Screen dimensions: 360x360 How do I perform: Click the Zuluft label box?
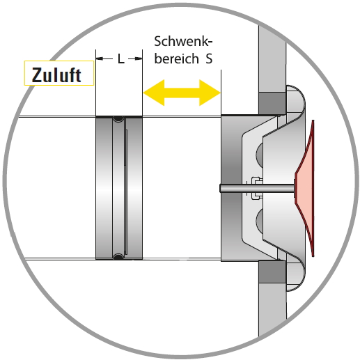point(59,73)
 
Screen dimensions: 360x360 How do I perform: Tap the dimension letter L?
point(121,58)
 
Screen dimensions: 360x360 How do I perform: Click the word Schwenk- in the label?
point(183,41)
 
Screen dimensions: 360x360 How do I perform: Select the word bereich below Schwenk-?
point(176,58)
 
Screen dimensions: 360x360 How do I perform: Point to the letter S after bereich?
point(209,58)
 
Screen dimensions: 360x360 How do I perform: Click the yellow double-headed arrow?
point(182,93)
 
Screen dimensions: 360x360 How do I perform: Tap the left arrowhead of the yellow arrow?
point(154,93)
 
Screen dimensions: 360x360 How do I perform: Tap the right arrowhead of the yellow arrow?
point(210,93)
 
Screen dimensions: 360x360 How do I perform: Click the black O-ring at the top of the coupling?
point(118,119)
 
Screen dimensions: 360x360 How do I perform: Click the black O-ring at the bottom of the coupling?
point(118,256)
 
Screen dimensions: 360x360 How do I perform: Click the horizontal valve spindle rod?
point(257,188)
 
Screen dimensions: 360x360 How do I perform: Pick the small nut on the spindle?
point(257,188)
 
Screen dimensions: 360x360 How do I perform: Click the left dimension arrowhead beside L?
point(100,58)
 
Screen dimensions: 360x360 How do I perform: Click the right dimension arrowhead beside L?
point(139,58)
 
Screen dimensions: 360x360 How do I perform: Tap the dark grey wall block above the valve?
point(272,104)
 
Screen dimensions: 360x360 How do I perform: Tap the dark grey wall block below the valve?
point(272,272)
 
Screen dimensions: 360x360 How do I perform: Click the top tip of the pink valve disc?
point(313,120)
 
